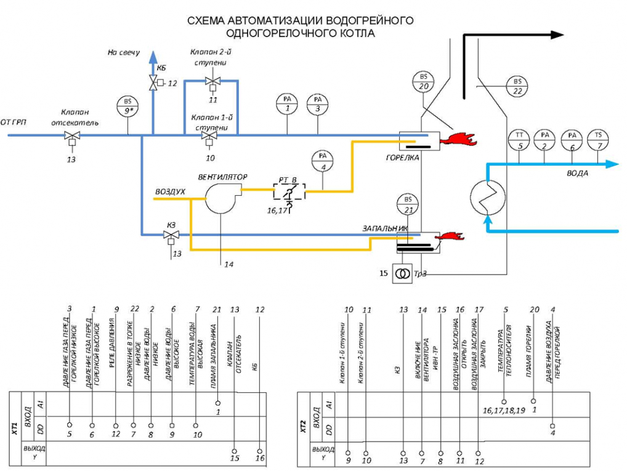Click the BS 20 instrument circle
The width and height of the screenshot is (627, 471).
[424, 81]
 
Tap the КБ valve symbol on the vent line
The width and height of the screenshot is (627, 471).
[153, 81]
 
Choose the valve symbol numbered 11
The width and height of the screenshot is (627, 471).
[213, 81]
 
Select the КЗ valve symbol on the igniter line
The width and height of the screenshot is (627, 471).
[171, 235]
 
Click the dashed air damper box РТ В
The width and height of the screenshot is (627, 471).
[289, 191]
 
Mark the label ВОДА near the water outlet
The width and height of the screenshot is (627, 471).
[577, 174]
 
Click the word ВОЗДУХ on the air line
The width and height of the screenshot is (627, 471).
[171, 192]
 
